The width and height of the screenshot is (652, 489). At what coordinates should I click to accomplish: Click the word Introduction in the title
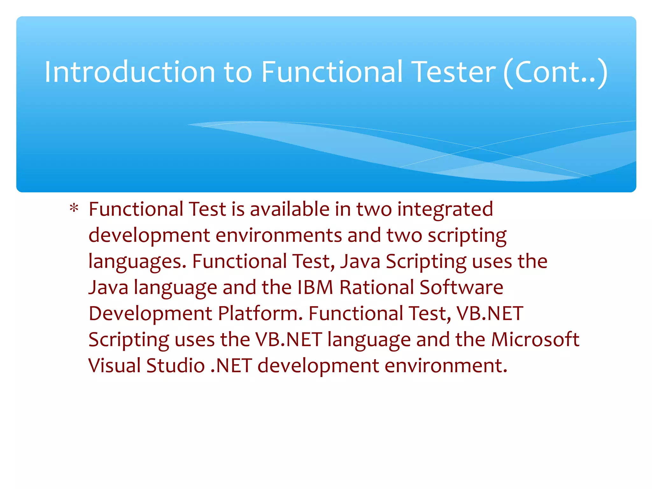click(x=130, y=72)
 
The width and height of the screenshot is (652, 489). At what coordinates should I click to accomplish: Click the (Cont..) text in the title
click(x=556, y=73)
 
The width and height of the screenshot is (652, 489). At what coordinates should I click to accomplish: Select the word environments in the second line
click(x=279, y=235)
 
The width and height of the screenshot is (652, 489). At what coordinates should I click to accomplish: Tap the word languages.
click(x=137, y=262)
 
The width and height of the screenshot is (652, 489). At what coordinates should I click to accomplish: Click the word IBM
click(x=315, y=287)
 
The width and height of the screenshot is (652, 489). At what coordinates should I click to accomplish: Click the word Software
click(x=461, y=287)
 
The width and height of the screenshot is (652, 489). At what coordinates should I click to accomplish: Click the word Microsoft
click(x=535, y=339)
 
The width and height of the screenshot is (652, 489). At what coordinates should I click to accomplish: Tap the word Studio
click(x=175, y=365)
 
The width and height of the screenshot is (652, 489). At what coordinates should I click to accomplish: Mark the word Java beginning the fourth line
click(x=108, y=287)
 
